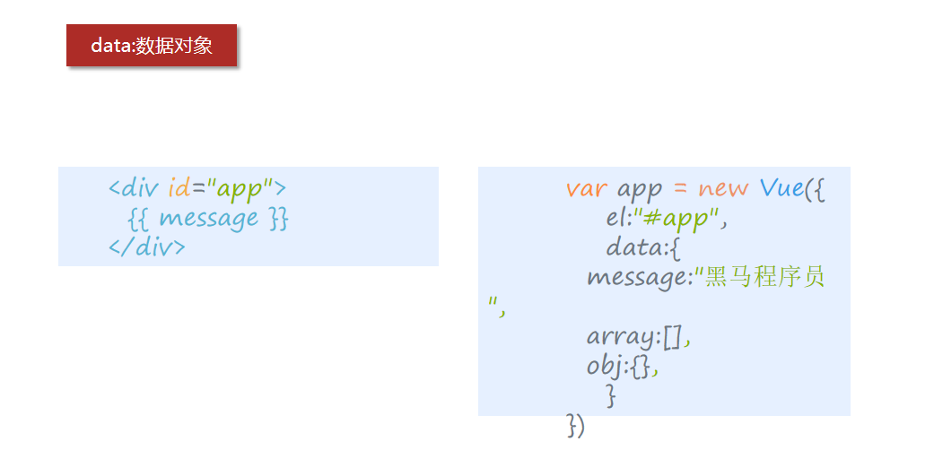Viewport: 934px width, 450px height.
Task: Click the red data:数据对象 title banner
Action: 152,46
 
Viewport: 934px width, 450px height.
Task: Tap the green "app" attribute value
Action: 239,189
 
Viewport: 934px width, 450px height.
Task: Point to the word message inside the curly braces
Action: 208,218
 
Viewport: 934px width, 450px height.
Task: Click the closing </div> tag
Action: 147,247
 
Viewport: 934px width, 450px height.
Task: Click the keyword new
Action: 723,189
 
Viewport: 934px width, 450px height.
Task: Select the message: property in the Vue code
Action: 639,277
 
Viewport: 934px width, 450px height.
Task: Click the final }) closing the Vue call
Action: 575,425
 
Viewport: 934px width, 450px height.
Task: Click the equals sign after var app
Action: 680,190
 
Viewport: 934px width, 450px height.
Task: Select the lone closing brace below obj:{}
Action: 611,395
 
